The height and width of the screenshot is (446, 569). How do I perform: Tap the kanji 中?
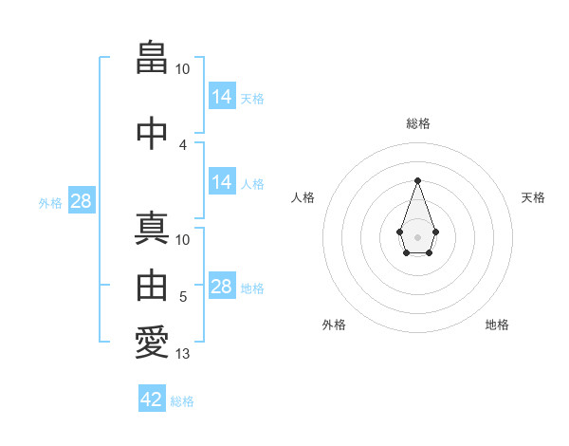(152, 132)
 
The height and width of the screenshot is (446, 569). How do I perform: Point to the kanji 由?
(152, 285)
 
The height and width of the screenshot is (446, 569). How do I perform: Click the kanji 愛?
(152, 343)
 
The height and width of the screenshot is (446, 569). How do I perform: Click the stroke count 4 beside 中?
(183, 144)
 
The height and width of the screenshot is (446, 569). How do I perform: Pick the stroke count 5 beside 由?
(183, 297)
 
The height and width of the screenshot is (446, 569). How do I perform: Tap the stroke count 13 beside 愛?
(183, 355)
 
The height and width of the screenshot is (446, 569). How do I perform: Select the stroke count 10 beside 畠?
(183, 69)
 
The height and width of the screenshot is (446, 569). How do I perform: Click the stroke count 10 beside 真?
(183, 240)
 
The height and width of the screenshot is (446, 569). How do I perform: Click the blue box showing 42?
(152, 400)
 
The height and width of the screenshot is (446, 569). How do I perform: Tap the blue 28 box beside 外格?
(81, 200)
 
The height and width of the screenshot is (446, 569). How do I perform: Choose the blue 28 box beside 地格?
(221, 287)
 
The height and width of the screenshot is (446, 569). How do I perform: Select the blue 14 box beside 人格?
(221, 182)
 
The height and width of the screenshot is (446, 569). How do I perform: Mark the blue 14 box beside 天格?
(221, 97)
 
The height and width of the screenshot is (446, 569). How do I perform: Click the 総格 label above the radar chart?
(418, 123)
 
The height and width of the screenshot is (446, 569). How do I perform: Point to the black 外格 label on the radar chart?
(334, 325)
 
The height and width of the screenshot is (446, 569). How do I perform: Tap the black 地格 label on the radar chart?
(497, 325)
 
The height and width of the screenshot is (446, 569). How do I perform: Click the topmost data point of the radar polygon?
(417, 180)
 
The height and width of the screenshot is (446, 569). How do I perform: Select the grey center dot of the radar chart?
(417, 236)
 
